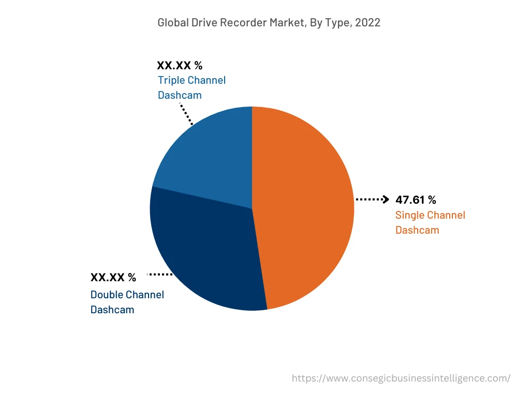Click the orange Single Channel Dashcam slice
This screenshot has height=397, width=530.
[305, 207]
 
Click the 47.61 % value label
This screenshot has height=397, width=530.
[416, 200]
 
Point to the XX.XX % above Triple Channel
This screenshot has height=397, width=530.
[180, 66]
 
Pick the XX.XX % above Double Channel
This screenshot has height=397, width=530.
[113, 278]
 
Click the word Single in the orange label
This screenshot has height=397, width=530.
[410, 215]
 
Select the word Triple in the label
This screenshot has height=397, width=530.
[171, 80]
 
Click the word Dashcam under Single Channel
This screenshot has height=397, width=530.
[417, 230]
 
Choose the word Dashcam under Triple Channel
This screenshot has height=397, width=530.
[180, 95]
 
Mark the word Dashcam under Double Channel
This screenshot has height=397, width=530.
[112, 310]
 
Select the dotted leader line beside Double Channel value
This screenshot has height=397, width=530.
[160, 274]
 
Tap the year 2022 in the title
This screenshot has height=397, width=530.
[368, 23]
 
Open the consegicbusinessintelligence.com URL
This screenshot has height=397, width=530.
[401, 378]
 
